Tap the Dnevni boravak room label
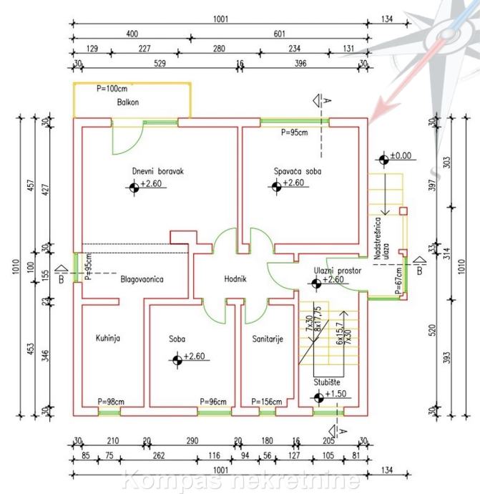(x=158, y=172)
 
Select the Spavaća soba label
(x=298, y=172)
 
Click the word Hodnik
(x=235, y=279)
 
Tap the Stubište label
(x=326, y=382)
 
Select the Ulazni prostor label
(x=338, y=271)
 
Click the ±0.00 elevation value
(x=401, y=155)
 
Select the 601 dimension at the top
(x=280, y=34)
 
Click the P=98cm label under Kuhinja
(x=111, y=402)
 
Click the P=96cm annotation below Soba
(x=214, y=402)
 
